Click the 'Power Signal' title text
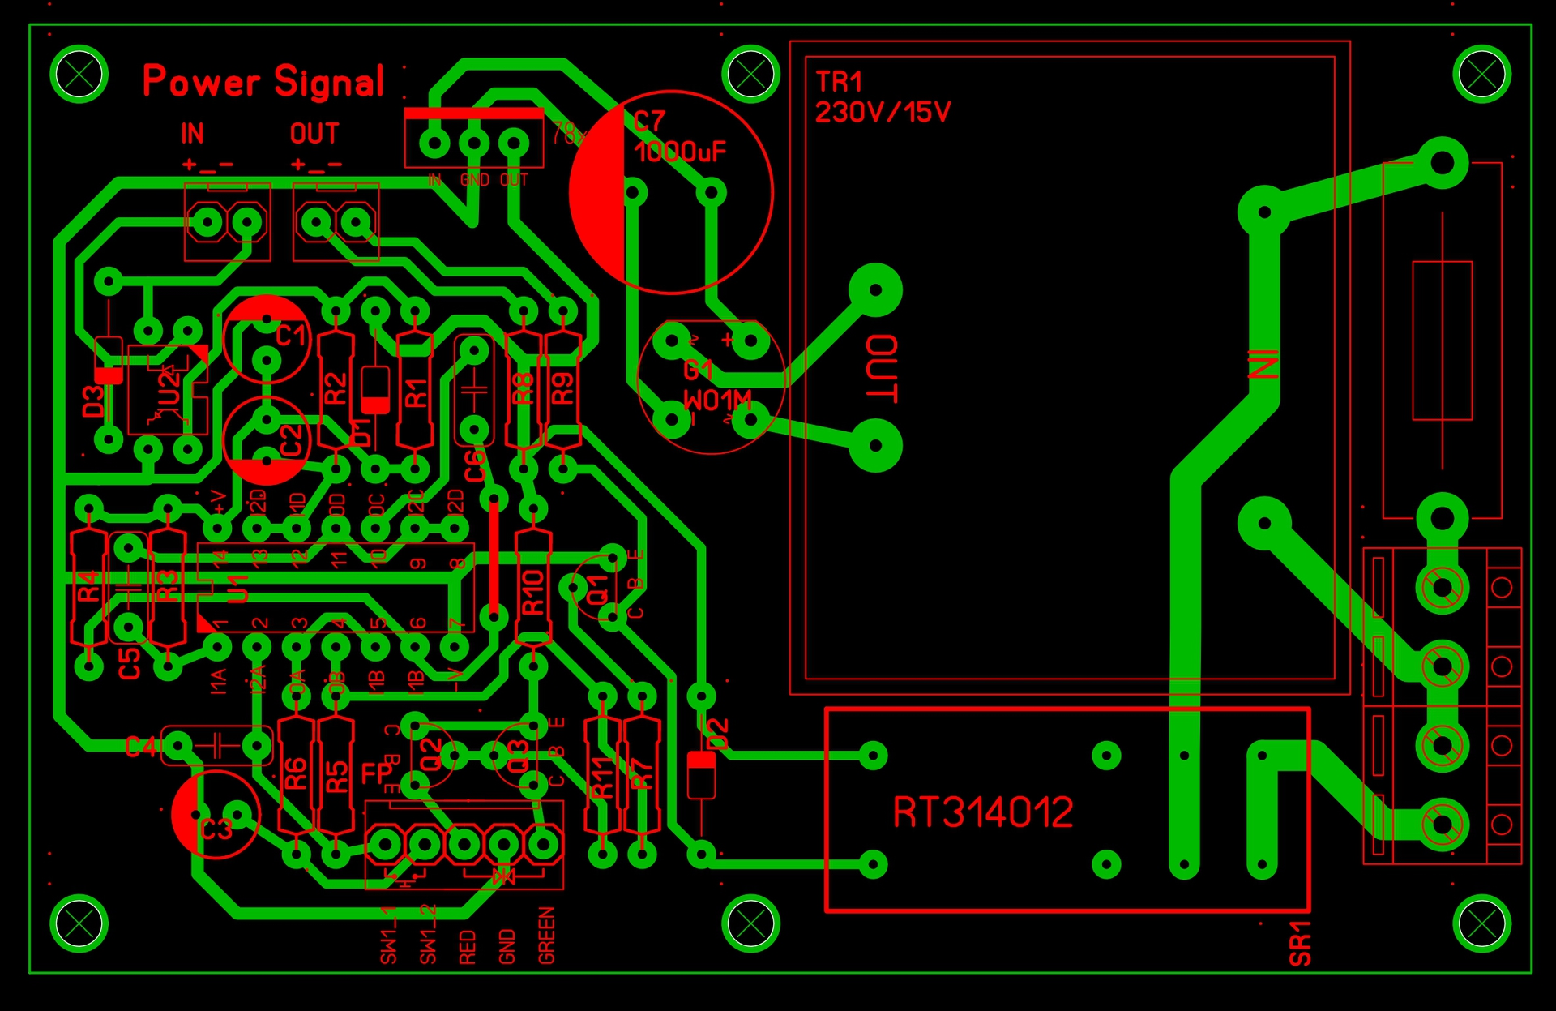pyautogui.click(x=263, y=81)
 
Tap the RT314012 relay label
pyautogui.click(x=982, y=812)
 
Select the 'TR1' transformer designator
pyautogui.click(x=839, y=82)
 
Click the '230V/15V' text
pyautogui.click(x=883, y=112)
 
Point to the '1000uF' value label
pyautogui.click(x=680, y=152)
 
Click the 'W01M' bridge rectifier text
pyautogui.click(x=717, y=401)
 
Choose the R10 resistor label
pyautogui.click(x=532, y=592)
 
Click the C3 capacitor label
pyautogui.click(x=216, y=829)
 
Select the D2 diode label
pyautogui.click(x=718, y=734)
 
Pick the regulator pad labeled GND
pyautogui.click(x=474, y=144)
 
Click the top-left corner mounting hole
pyautogui.click(x=79, y=75)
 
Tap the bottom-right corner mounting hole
pyautogui.click(x=1482, y=923)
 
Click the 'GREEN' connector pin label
pyautogui.click(x=547, y=936)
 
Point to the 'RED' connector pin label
pyautogui.click(x=468, y=947)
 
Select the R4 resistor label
pyautogui.click(x=88, y=585)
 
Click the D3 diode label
pyautogui.click(x=94, y=401)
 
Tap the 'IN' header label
pyautogui.click(x=192, y=134)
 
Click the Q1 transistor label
pyautogui.click(x=597, y=589)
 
